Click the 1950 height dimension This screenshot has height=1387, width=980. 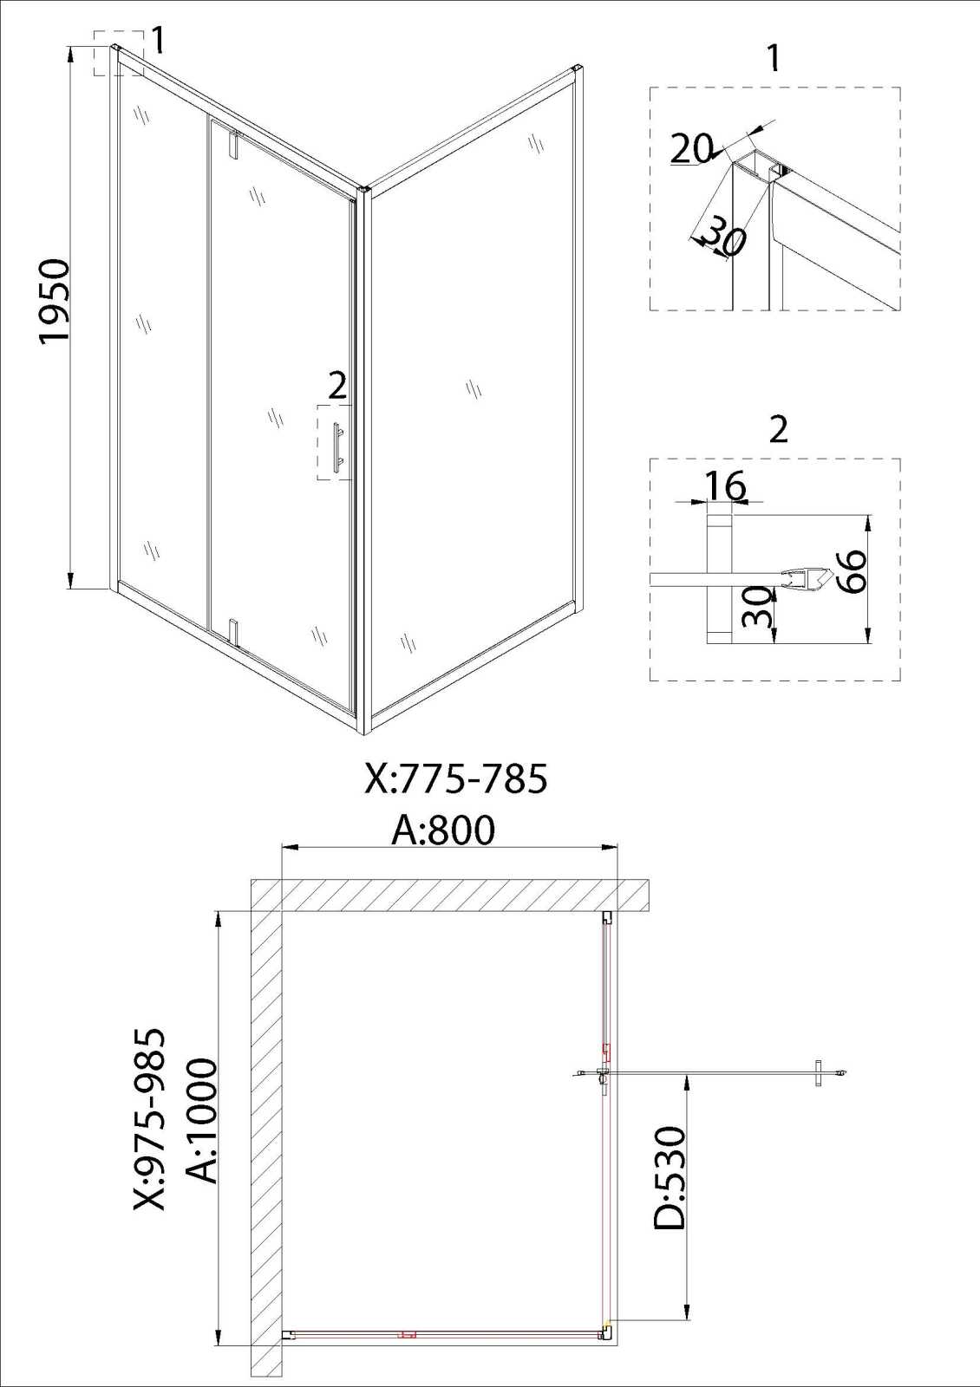coord(53,300)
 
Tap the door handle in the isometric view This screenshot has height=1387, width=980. coord(337,448)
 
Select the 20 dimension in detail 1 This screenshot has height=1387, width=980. coord(691,148)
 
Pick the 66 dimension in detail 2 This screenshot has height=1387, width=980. coord(852,571)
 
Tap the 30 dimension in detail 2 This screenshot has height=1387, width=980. coord(758,608)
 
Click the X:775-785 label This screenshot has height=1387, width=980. coord(456,778)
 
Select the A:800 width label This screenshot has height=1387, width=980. coord(443,830)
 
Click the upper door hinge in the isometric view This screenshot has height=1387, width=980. coord(233,144)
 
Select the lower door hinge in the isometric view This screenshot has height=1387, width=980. coord(233,629)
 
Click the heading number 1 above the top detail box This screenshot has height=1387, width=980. coord(773,57)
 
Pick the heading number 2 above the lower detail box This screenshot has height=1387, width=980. coord(778,428)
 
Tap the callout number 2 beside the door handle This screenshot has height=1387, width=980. coord(337,387)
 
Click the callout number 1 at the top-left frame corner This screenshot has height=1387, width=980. coord(159,40)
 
